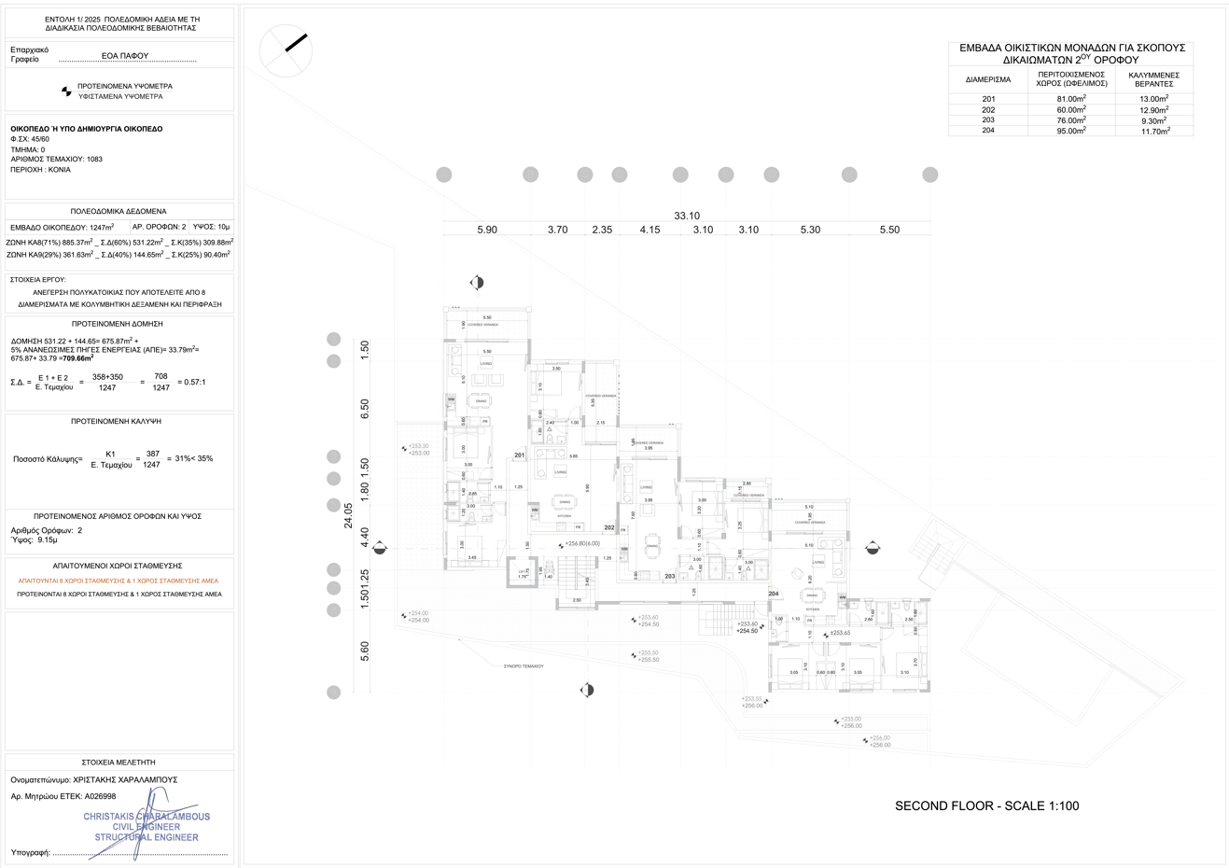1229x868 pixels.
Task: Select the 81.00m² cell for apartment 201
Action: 1070,99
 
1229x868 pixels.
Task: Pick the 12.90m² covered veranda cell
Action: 1154,110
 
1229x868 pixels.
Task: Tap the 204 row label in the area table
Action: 988,131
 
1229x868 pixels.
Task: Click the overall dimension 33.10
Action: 687,216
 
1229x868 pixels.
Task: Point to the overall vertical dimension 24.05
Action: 348,514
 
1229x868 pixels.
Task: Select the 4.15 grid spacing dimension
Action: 649,230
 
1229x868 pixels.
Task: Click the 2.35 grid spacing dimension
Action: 602,230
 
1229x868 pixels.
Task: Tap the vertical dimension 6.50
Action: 365,408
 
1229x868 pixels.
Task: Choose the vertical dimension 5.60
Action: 365,647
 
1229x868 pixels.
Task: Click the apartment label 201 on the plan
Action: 520,455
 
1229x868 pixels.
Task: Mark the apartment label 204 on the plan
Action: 773,594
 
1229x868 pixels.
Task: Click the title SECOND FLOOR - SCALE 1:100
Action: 986,805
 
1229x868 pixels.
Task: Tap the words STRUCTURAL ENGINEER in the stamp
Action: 147,837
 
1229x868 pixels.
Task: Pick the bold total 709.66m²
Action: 78,357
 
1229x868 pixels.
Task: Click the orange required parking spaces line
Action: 119,581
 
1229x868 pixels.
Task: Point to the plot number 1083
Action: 94,160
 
